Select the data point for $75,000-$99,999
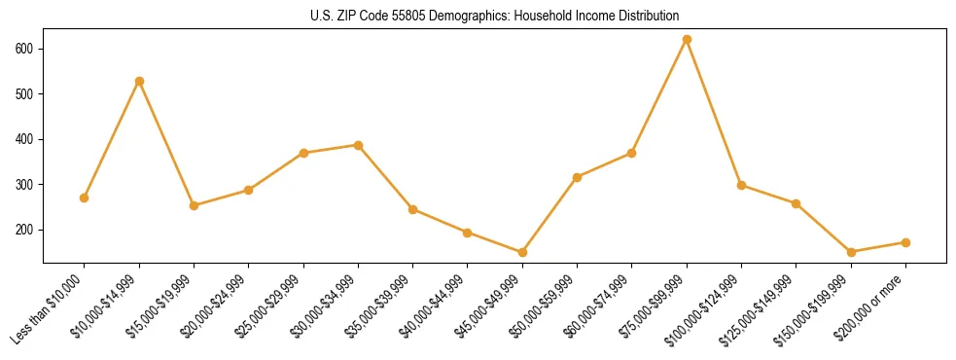click(x=687, y=40)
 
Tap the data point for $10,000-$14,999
click(x=139, y=81)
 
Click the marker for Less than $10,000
click(x=85, y=198)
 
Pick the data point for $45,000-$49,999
click(x=522, y=252)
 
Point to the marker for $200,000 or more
click(x=905, y=242)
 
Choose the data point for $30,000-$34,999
click(x=358, y=145)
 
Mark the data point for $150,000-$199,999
click(x=851, y=252)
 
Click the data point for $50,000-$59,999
click(x=577, y=177)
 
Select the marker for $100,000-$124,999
click(x=741, y=185)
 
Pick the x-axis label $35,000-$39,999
click(x=380, y=307)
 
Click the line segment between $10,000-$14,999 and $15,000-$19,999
click(x=166, y=143)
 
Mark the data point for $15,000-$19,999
click(x=194, y=205)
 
